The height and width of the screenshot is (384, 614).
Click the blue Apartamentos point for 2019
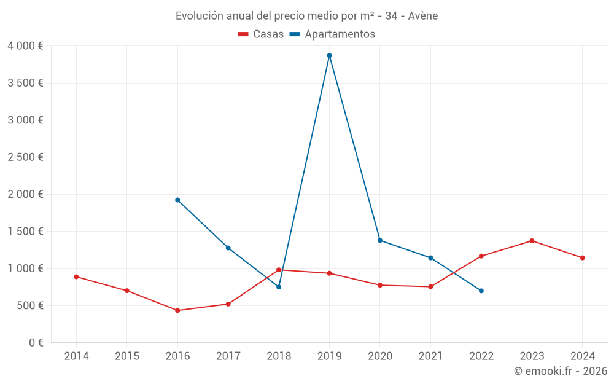(329, 55)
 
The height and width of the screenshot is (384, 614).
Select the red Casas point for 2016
(177, 310)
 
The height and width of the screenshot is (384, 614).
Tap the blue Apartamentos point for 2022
(481, 291)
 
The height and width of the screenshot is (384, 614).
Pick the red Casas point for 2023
(532, 241)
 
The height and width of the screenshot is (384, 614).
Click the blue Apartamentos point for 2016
(177, 200)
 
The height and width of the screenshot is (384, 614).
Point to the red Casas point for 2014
(76, 276)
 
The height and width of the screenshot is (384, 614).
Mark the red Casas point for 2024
(582, 257)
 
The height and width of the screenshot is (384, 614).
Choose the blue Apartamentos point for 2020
(380, 240)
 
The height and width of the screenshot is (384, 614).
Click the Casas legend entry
(261, 34)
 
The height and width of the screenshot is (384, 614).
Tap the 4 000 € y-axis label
(26, 46)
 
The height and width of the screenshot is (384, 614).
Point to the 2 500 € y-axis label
(26, 157)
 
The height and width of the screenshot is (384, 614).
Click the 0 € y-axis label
(36, 343)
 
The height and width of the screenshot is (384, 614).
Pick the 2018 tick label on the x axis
(279, 356)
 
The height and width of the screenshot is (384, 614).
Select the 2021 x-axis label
(430, 356)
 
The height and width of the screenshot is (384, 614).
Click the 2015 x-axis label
(127, 356)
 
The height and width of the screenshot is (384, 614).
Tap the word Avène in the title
(422, 16)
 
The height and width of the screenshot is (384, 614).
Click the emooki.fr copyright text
(561, 371)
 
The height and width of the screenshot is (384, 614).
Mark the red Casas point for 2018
(279, 270)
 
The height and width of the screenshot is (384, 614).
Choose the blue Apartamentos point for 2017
(228, 248)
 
